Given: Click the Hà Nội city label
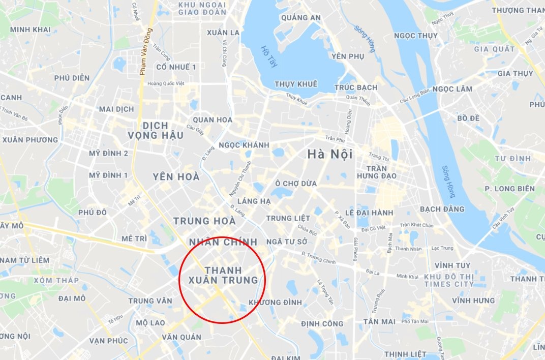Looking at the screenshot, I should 329,154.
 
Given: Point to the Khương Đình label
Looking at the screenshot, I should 275,303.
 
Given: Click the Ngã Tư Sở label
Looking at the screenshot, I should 286,242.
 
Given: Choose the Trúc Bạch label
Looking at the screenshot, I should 356,87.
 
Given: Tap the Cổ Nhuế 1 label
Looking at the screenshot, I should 176,67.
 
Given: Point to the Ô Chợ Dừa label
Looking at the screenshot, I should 295,184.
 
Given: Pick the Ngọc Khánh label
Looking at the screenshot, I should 244,145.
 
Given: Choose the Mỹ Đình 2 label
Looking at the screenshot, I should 108,153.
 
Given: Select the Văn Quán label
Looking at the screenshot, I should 181,337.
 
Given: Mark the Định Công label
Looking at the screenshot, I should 322,324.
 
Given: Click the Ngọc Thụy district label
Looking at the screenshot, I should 416,36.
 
